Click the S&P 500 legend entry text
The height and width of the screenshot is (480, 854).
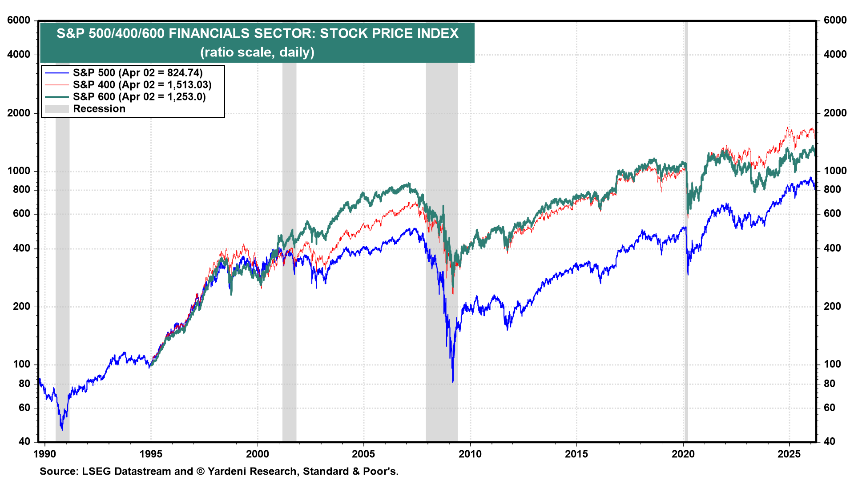point(137,73)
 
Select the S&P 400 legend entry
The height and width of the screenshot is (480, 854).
point(142,85)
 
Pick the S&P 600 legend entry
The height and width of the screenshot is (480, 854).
point(139,97)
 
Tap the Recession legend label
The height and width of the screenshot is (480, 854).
point(99,109)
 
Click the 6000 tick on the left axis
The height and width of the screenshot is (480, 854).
point(19,20)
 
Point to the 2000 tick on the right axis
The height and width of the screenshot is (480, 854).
point(835,113)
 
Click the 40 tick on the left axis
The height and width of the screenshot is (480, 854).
point(24,441)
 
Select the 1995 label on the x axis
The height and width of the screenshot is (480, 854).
point(151,454)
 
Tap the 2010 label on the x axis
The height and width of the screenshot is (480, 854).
point(470,454)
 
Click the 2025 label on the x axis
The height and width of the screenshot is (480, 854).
point(789,454)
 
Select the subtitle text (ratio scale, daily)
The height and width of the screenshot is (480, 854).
point(257,52)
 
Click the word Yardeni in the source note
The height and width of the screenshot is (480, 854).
point(228,471)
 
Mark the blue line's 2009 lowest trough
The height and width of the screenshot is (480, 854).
point(453,381)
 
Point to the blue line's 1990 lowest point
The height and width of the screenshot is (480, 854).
point(62,429)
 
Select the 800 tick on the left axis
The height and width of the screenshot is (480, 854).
point(21,189)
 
